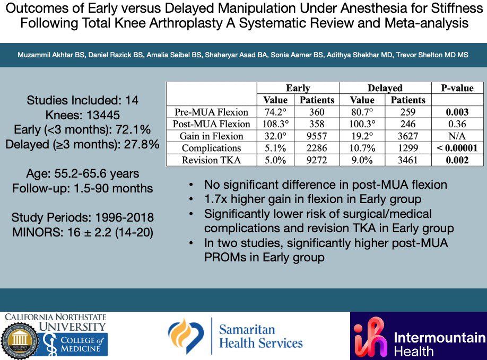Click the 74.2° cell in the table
pyautogui.click(x=274, y=112)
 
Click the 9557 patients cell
pyautogui.click(x=317, y=136)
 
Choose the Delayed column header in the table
pyautogui.click(x=385, y=88)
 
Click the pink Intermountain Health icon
pyautogui.click(x=370, y=337)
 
